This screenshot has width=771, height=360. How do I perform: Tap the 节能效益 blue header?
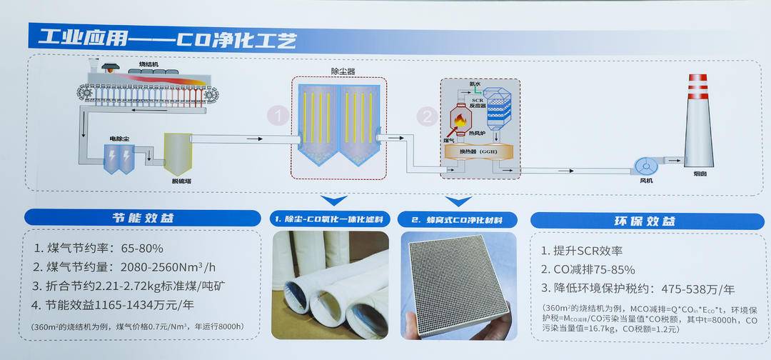click(143, 219)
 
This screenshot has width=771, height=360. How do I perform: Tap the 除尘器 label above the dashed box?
click(343, 71)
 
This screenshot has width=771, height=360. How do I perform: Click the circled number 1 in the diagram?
click(279, 115)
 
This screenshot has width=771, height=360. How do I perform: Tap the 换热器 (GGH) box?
click(479, 151)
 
